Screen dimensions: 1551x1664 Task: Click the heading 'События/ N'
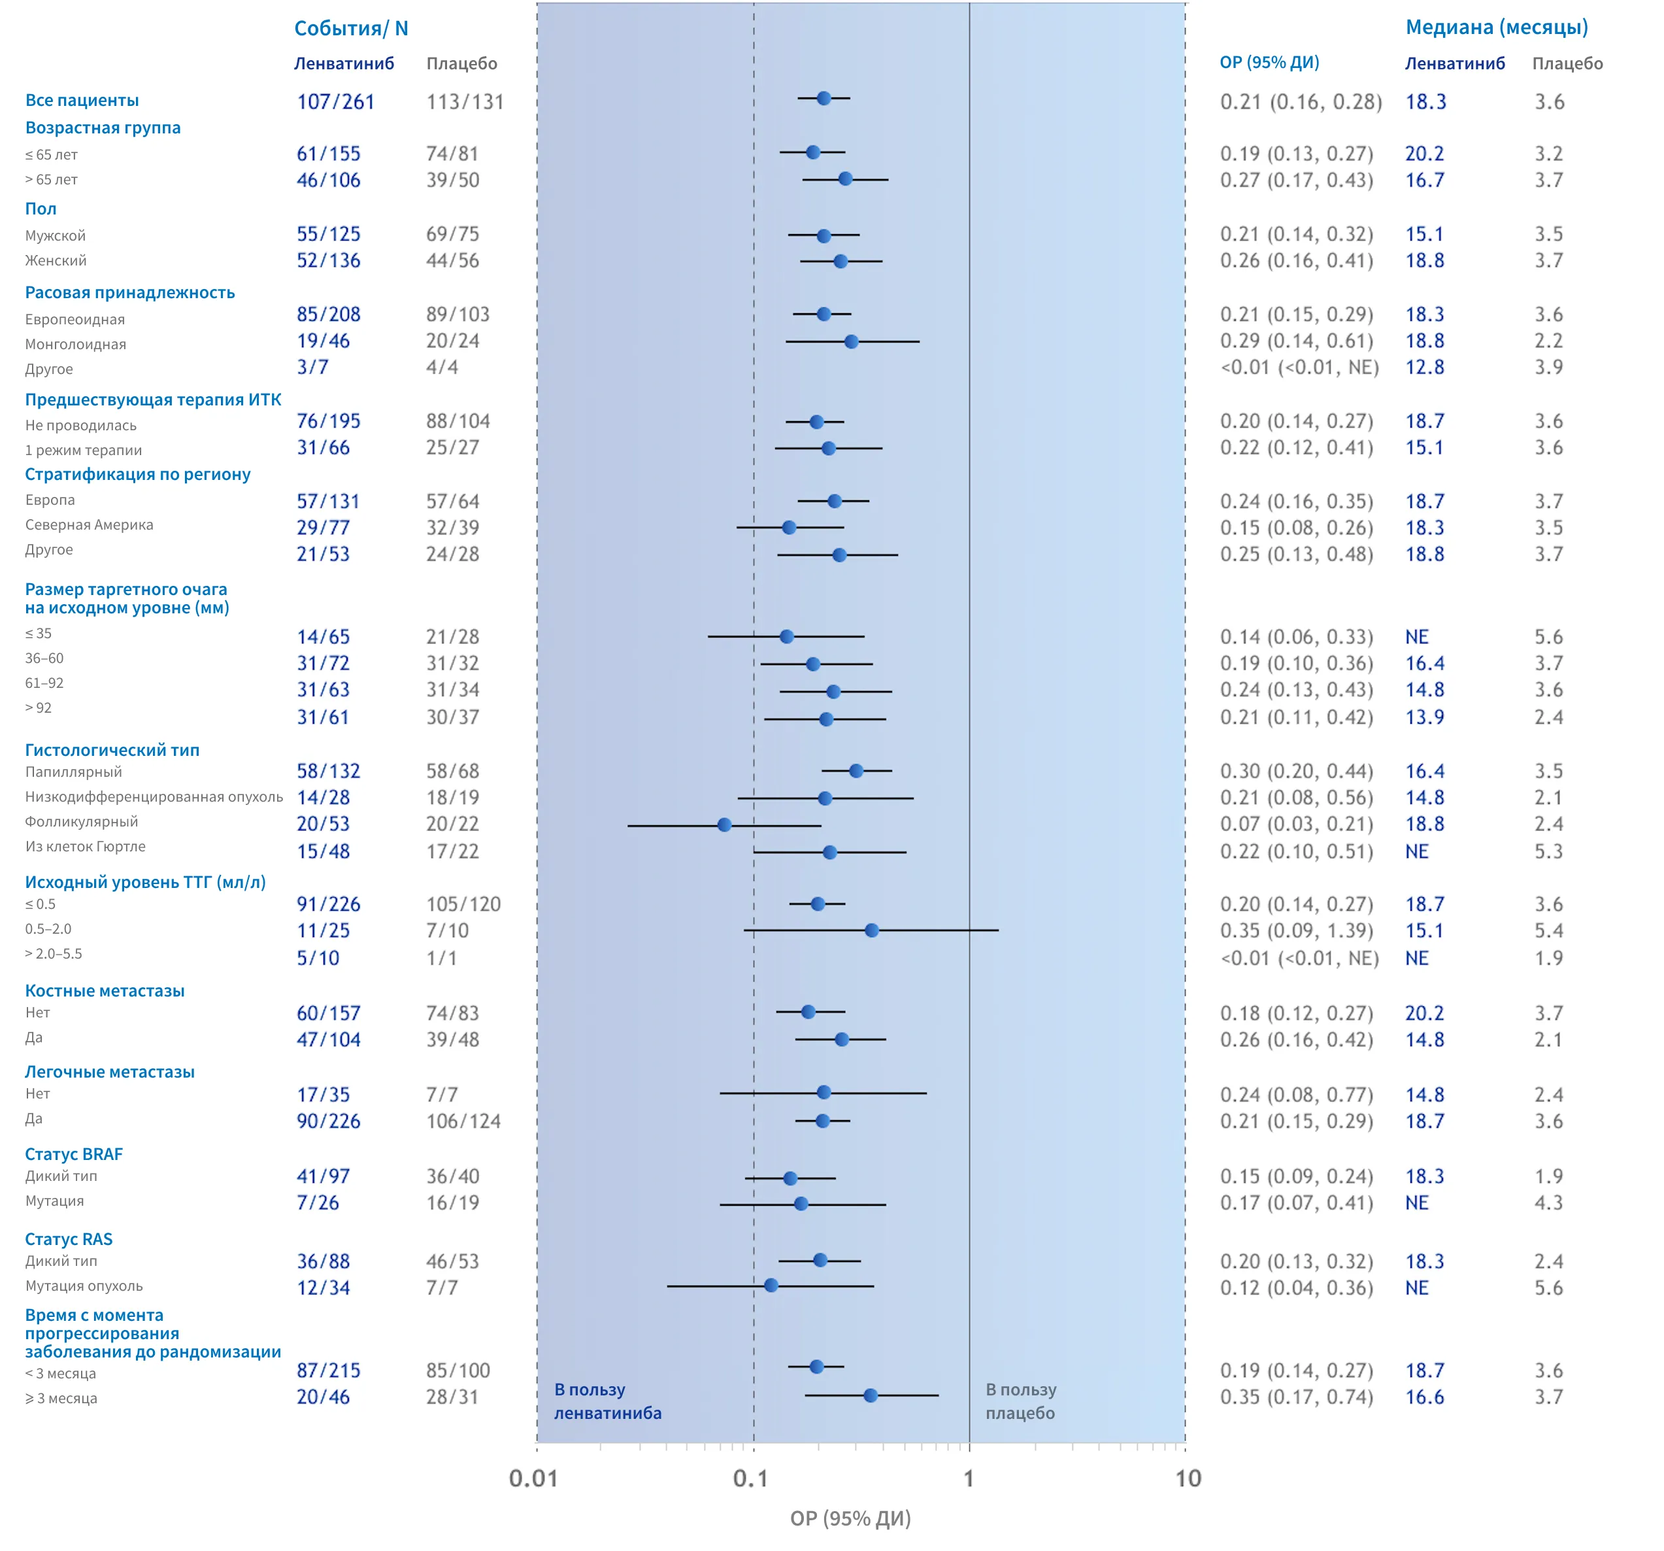click(x=351, y=29)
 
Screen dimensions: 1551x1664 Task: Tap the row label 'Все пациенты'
click(x=82, y=101)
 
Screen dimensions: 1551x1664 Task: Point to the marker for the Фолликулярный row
click(x=724, y=825)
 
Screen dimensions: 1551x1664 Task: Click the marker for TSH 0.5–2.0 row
click(x=871, y=930)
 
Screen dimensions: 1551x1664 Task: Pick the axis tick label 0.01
click(x=533, y=1478)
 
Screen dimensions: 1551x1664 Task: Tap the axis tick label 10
click(x=1188, y=1478)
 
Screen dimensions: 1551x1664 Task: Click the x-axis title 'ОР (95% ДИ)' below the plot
click(x=850, y=1518)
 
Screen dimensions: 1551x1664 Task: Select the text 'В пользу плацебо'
click(x=1020, y=1401)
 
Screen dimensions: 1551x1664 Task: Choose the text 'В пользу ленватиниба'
click(x=608, y=1401)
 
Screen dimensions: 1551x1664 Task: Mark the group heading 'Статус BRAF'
click(x=74, y=1154)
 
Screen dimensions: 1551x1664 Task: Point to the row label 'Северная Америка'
click(x=89, y=525)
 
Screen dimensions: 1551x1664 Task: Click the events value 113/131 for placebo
click(x=465, y=102)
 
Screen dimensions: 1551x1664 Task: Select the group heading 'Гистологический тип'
click(x=112, y=751)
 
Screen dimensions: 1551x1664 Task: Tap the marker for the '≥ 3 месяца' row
click(x=871, y=1395)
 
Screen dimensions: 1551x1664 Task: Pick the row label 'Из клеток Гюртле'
click(x=86, y=847)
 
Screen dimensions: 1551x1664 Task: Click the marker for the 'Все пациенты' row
click(x=824, y=98)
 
